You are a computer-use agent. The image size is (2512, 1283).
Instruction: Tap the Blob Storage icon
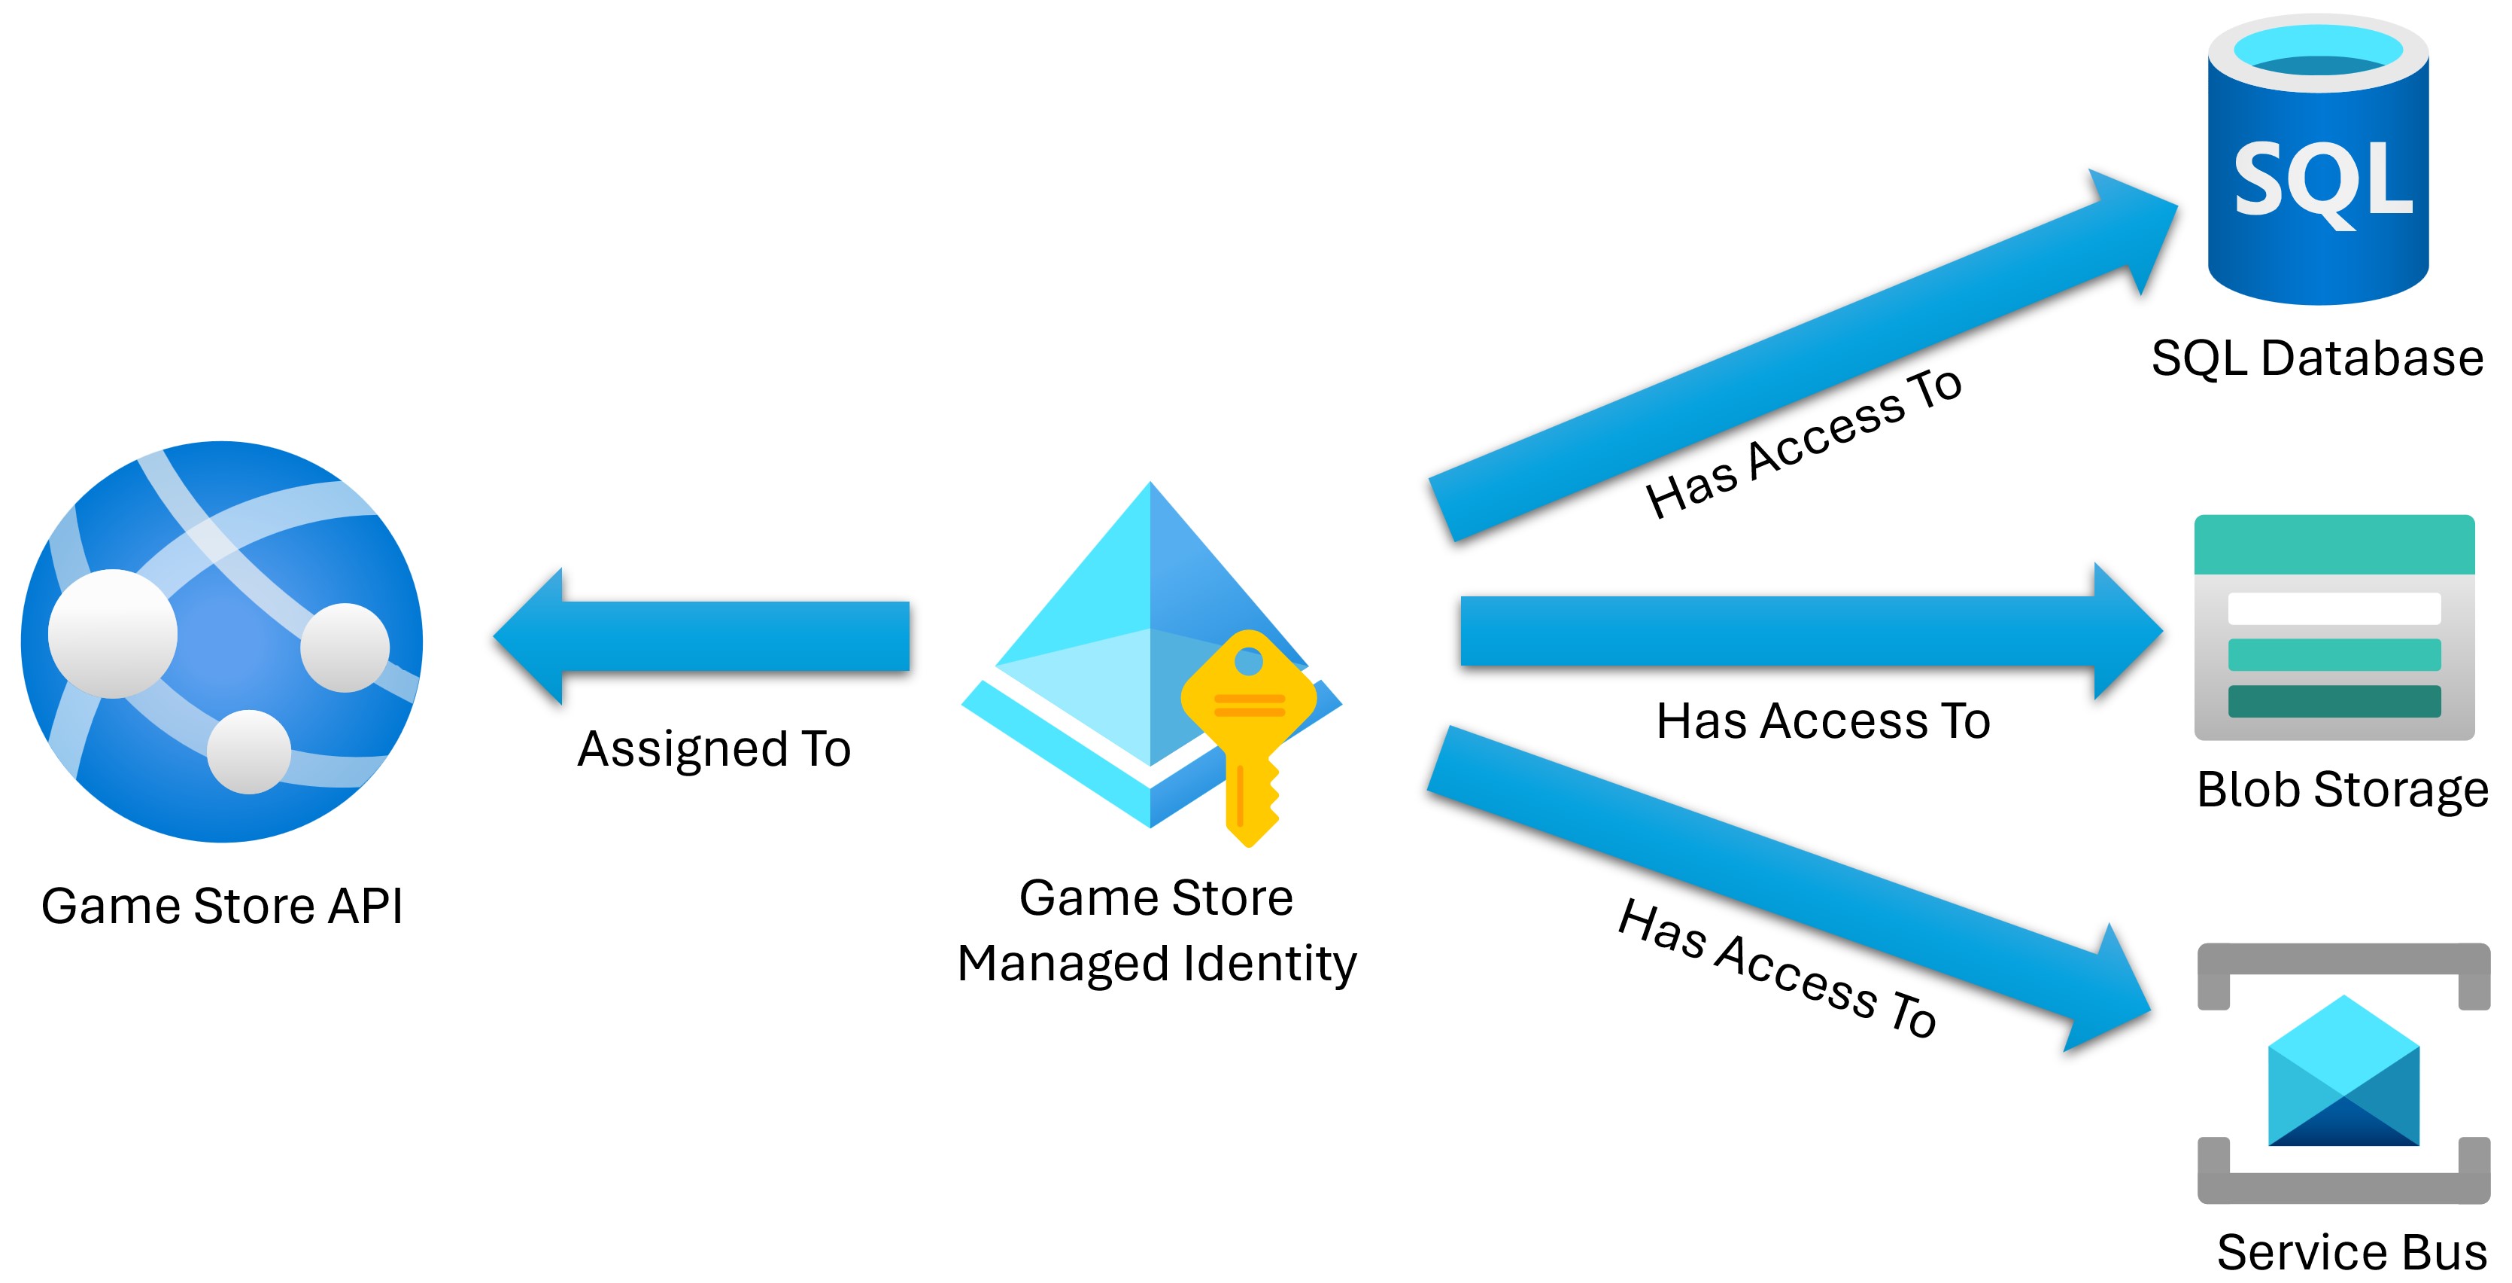tap(2334, 627)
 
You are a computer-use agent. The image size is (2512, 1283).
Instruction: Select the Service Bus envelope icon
tap(2343, 1073)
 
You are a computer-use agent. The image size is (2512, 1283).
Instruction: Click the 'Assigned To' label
tap(714, 749)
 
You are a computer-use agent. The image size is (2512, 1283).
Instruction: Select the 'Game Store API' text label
tap(223, 907)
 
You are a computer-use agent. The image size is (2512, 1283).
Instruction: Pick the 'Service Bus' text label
tap(2351, 1252)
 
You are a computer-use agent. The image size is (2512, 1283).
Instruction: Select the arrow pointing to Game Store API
tap(702, 636)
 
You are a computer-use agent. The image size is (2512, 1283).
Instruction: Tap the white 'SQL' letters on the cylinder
tap(2323, 181)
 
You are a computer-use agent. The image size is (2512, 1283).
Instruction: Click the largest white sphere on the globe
tap(113, 633)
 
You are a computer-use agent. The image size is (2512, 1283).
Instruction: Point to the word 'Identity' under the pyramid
tap(1270, 964)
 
